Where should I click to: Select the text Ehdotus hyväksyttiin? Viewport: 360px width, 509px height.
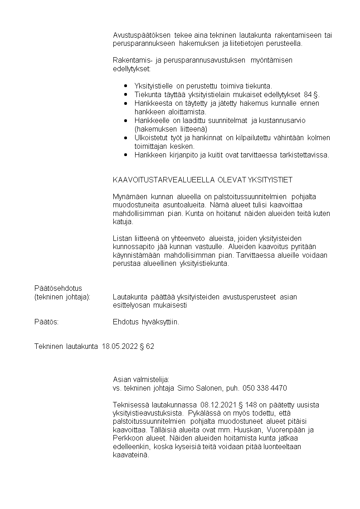click(x=146, y=322)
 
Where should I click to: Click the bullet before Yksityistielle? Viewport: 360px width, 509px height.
click(x=126, y=86)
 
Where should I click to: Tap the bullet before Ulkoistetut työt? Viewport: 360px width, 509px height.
click(x=126, y=137)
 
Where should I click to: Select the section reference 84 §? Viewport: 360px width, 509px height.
click(x=311, y=94)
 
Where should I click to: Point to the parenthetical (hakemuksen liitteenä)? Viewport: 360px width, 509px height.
click(x=171, y=129)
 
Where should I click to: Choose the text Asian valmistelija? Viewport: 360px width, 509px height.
click(x=141, y=379)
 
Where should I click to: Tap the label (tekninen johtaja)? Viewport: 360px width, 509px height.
click(x=63, y=297)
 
